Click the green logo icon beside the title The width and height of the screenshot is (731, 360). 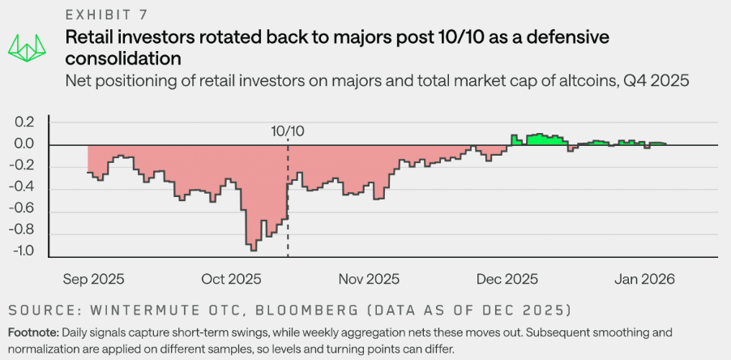(x=28, y=46)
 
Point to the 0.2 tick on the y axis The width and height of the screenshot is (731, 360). (x=25, y=123)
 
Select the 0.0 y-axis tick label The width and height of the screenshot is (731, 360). (x=25, y=145)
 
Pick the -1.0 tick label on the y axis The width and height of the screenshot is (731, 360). (x=23, y=251)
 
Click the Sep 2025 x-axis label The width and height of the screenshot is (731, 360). (x=94, y=279)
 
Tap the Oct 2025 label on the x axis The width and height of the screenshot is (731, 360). (x=231, y=279)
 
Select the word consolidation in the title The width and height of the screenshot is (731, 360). (x=122, y=58)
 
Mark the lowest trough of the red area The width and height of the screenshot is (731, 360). (x=252, y=249)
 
